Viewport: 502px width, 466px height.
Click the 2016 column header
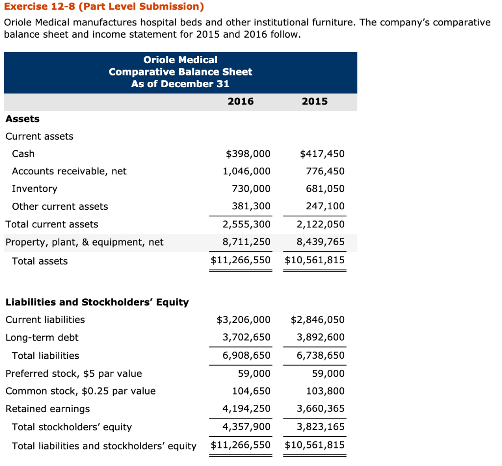241,101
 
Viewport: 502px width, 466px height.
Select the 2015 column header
315,101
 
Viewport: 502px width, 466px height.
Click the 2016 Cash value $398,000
248,154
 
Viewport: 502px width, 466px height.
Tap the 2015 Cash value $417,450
322,154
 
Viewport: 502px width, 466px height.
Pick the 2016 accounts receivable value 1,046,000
246,172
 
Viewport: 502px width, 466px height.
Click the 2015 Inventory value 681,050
326,189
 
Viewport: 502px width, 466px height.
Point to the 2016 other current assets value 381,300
251,206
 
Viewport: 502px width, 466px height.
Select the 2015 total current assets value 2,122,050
321,224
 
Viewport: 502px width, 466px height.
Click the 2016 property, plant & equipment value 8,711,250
246,242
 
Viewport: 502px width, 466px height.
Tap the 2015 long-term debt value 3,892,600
321,337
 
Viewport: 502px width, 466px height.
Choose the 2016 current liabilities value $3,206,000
243,320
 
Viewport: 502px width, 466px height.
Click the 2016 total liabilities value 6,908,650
246,355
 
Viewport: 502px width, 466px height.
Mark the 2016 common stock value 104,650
251,391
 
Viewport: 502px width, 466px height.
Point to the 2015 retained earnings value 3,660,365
321,409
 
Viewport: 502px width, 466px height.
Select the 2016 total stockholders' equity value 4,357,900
246,427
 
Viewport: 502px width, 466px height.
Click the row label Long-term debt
42,337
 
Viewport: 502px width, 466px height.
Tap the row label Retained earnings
48,409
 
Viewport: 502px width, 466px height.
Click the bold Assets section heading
23,119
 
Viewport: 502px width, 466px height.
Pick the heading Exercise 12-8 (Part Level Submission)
103,7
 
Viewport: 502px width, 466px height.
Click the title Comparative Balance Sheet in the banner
180,72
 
